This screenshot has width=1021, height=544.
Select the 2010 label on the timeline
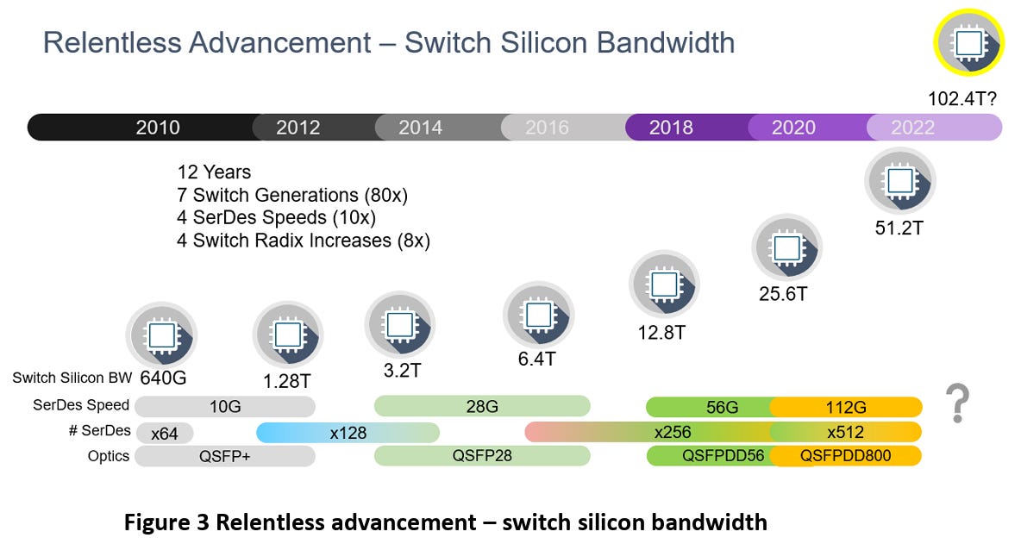(x=158, y=128)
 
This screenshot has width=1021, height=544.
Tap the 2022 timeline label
(x=912, y=128)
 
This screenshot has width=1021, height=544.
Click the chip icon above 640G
(x=161, y=336)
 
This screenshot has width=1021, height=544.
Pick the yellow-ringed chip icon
(x=968, y=44)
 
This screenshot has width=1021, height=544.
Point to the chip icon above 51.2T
(x=900, y=182)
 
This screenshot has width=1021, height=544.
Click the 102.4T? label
(x=961, y=99)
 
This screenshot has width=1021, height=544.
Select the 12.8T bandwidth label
(x=661, y=333)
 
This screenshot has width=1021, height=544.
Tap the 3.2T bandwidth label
(x=402, y=370)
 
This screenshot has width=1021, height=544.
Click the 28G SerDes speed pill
(x=482, y=407)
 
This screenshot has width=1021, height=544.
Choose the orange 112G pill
(x=846, y=407)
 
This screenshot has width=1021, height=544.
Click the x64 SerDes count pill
(x=165, y=434)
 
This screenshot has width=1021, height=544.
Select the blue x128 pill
(x=348, y=433)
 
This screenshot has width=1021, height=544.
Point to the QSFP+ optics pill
(x=225, y=456)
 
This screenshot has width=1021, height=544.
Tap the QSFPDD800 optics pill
(x=846, y=455)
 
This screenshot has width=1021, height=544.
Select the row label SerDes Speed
(x=81, y=404)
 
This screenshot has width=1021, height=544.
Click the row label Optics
(x=108, y=456)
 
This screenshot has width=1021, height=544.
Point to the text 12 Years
(x=214, y=172)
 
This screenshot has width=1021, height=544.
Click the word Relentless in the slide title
(x=111, y=43)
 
